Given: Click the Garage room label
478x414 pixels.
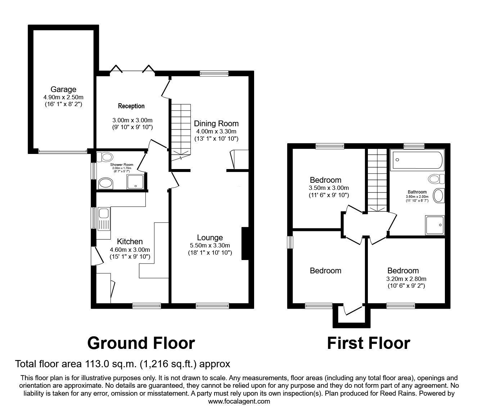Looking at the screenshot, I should pos(63,90).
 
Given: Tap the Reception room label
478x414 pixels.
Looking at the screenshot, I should pos(131,106).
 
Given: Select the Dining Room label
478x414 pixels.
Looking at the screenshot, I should pos(216,124).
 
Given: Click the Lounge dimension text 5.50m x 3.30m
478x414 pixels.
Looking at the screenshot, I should pos(210,245).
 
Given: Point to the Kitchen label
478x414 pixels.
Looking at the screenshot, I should pos(130,242).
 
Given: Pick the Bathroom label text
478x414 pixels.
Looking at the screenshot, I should pos(417,192).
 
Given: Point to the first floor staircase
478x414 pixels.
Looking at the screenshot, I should pos(376,180).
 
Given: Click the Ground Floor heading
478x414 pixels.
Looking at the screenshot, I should pos(141,343).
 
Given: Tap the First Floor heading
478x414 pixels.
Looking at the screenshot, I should pos(368,343).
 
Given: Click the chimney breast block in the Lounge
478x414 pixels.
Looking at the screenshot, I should pos(245,243).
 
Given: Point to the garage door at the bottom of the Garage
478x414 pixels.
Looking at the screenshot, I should pos(63,151).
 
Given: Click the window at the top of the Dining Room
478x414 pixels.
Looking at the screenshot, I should pos(214,74).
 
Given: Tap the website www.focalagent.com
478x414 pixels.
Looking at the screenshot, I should pos(239,401).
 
